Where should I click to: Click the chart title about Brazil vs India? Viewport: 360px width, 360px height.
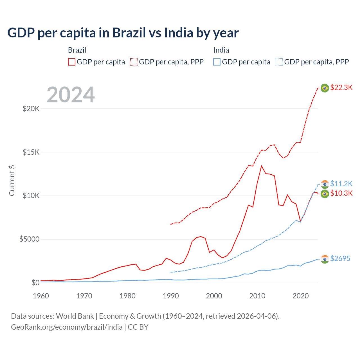click(123, 33)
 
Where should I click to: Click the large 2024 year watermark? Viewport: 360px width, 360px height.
click(71, 95)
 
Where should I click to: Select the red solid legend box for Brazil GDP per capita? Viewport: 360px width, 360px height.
click(72, 62)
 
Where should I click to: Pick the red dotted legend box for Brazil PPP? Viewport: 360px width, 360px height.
click(134, 62)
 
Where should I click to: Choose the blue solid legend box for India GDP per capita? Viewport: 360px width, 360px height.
click(217, 62)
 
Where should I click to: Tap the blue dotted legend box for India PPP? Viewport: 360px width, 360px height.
click(279, 62)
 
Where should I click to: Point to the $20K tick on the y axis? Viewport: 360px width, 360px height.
click(31, 109)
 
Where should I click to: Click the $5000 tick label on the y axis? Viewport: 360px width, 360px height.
click(29, 239)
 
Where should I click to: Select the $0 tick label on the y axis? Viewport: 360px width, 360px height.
click(35, 283)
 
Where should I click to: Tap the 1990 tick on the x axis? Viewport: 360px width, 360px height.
click(171, 296)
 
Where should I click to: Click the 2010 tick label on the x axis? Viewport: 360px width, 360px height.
click(257, 296)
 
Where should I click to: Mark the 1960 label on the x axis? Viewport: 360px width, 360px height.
click(41, 296)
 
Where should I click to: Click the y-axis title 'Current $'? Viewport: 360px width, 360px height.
click(12, 181)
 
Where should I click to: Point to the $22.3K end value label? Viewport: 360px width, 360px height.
click(341, 88)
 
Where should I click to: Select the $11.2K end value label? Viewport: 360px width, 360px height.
click(341, 184)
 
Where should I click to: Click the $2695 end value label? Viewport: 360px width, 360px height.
click(340, 258)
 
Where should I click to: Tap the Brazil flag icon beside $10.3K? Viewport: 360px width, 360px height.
click(325, 193)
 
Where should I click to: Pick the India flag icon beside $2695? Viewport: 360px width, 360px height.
click(325, 259)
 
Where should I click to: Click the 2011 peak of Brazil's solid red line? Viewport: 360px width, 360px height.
click(261, 166)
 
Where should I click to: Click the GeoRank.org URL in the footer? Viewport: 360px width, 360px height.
click(67, 327)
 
